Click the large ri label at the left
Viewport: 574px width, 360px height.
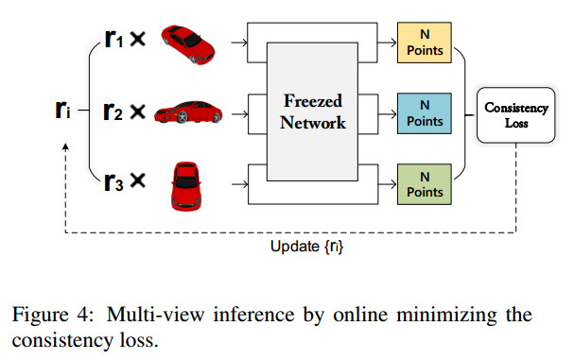(x=62, y=111)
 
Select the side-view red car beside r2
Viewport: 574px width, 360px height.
(x=187, y=111)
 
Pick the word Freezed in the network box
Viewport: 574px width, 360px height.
(x=316, y=99)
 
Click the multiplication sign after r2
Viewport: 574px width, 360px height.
(x=137, y=112)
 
